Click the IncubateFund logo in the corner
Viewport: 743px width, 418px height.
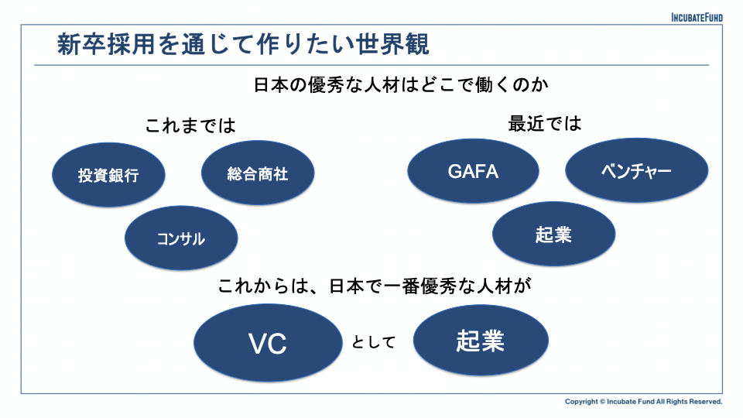tap(697, 18)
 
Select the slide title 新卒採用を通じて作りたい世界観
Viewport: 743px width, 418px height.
tap(243, 44)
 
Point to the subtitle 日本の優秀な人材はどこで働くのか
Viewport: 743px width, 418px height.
tap(401, 85)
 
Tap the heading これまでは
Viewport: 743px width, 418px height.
tap(190, 125)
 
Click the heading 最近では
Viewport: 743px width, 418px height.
tap(544, 124)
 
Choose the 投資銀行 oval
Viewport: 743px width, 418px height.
tap(108, 175)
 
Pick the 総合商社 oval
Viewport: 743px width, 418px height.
tap(258, 173)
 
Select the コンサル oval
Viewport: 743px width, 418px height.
tap(181, 238)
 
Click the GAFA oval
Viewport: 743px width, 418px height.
tap(473, 171)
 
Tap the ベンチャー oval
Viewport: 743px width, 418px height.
tap(636, 170)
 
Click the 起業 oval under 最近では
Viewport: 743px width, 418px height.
tap(553, 234)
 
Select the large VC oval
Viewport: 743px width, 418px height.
tap(268, 343)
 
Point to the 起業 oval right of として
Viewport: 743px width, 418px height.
tap(481, 341)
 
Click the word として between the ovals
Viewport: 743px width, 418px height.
tap(374, 341)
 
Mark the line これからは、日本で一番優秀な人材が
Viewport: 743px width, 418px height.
tap(375, 286)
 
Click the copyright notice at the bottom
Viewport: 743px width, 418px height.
tap(643, 402)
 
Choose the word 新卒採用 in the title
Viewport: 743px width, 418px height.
tap(106, 44)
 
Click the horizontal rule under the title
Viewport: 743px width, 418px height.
tap(371, 65)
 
